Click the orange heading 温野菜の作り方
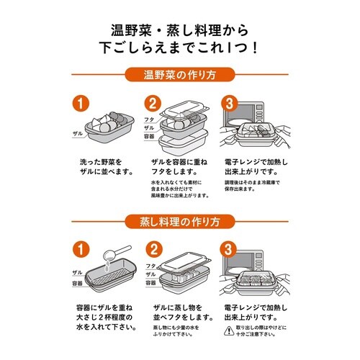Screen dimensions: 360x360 point(179,74)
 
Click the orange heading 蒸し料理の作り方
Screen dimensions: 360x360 point(179,219)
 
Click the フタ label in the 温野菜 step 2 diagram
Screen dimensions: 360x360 point(150,119)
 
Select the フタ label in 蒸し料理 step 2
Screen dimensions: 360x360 point(150,265)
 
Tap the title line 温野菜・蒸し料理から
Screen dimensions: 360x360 point(179,30)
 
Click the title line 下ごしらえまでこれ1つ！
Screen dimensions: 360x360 point(179,48)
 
